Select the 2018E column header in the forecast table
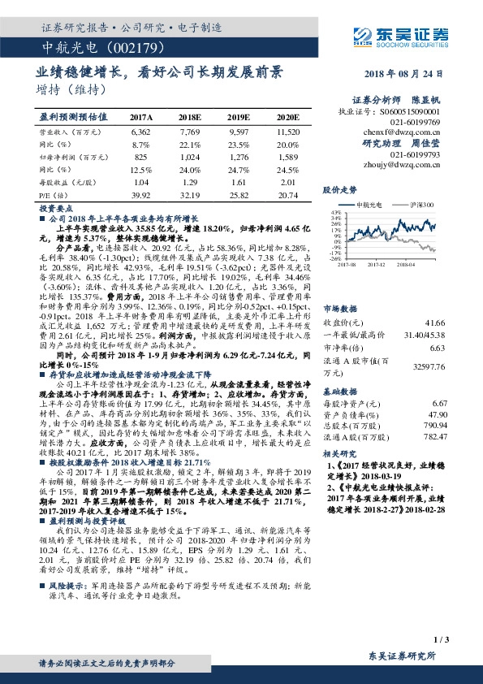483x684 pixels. pos(188,118)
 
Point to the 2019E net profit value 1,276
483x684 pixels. pos(238,156)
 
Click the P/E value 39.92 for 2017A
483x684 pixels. pos(140,195)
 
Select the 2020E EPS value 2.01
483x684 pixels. pos(287,182)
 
